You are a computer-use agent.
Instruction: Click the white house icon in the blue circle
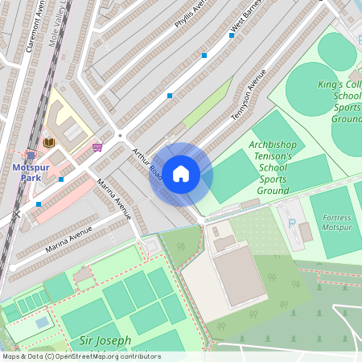coord(181,173)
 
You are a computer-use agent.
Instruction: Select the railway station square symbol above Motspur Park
coord(31,155)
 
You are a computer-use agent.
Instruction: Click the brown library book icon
coord(48,142)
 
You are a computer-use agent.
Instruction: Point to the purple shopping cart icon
coord(97,147)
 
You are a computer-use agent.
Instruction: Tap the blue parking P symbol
coord(292,222)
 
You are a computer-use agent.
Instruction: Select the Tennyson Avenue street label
coord(249,93)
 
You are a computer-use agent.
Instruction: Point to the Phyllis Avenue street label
coord(191,15)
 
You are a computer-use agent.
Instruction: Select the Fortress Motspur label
coord(336,222)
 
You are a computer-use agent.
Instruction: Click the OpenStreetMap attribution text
coord(80,356)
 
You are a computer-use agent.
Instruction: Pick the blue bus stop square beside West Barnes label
coord(205,56)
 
